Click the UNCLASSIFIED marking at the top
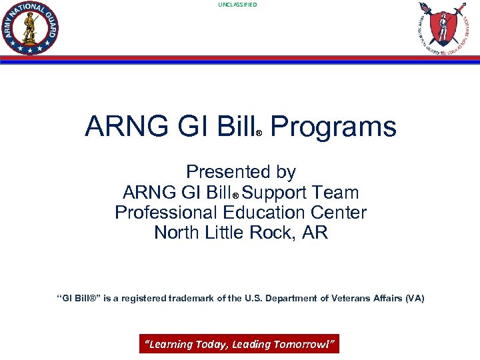[x=237, y=5]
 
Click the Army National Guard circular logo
[x=31, y=27]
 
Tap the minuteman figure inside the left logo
[x=30, y=27]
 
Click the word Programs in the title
[x=333, y=127]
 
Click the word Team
[x=337, y=193]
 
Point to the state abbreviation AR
[x=315, y=233]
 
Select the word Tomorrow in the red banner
[x=309, y=344]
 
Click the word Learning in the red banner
[x=169, y=344]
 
